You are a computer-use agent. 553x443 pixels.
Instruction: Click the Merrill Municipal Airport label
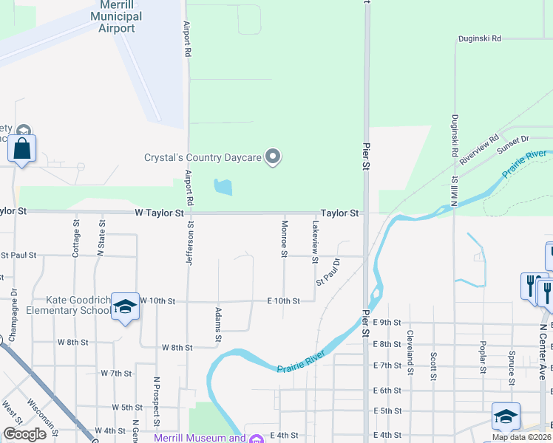pyautogui.click(x=117, y=16)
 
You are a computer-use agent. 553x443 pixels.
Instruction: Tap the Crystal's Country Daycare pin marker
pyautogui.click(x=274, y=157)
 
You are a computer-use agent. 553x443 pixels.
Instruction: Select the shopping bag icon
pyautogui.click(x=22, y=148)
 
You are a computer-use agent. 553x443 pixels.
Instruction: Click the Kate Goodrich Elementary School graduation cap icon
pyautogui.click(x=125, y=306)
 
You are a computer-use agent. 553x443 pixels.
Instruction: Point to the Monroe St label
pyautogui.click(x=284, y=238)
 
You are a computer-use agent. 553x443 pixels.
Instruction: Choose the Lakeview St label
pyautogui.click(x=315, y=241)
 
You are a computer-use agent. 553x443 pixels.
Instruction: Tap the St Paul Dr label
pyautogui.click(x=330, y=272)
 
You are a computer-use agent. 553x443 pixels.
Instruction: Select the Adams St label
pyautogui.click(x=219, y=324)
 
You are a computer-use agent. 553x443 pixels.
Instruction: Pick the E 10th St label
pyautogui.click(x=283, y=301)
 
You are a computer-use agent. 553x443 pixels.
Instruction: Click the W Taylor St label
pyautogui.click(x=159, y=213)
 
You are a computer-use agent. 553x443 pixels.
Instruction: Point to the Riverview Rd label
pyautogui.click(x=478, y=148)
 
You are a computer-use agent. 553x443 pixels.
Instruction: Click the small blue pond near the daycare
pyautogui.click(x=222, y=187)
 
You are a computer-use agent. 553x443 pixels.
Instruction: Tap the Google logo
pyautogui.click(x=24, y=435)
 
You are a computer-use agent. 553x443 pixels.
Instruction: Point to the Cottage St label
pyautogui.click(x=76, y=237)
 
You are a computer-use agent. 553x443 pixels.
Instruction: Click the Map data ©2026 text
pyautogui.click(x=522, y=437)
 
